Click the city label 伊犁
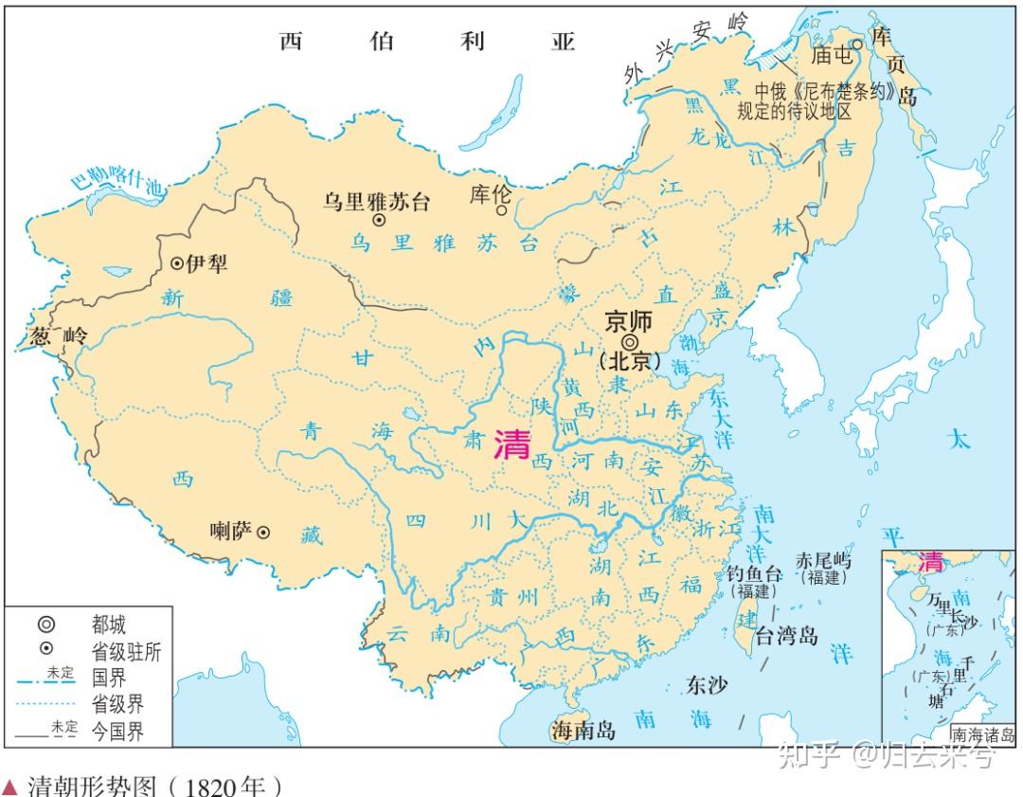[x=206, y=263]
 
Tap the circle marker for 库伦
[x=501, y=210]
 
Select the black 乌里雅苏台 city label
[x=376, y=201]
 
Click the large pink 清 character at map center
[x=512, y=444]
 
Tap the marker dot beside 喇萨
[x=263, y=533]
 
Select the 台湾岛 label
[x=785, y=635]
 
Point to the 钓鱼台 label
[x=752, y=573]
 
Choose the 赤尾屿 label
[x=823, y=560]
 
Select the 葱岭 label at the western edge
[x=59, y=335]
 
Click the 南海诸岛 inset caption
[x=982, y=734]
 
